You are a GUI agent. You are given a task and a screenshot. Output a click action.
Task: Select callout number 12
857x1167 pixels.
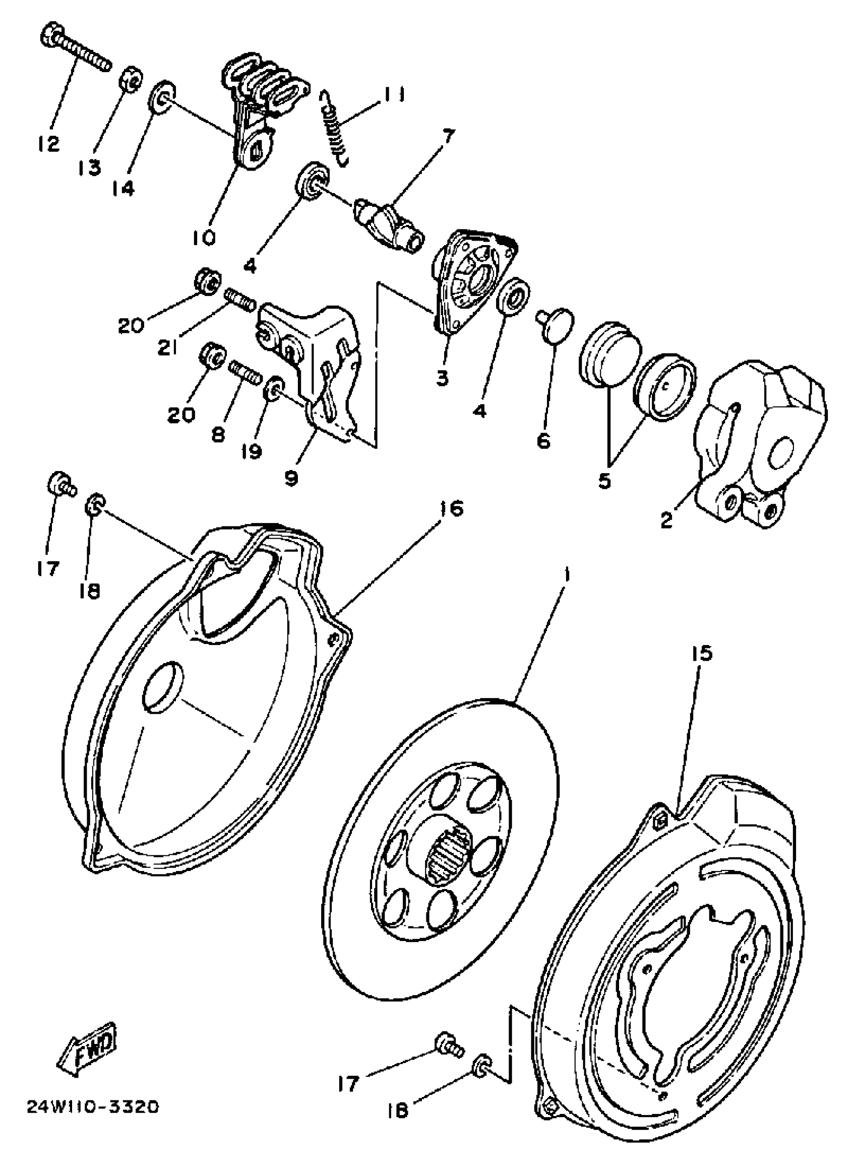tap(49, 144)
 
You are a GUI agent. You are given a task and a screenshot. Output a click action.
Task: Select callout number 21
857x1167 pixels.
tap(167, 348)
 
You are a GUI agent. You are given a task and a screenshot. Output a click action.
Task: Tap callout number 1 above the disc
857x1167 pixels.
tap(568, 575)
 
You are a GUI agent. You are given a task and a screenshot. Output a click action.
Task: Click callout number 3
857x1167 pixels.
tap(442, 378)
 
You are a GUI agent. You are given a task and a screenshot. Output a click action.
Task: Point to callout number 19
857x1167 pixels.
tap(252, 451)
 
